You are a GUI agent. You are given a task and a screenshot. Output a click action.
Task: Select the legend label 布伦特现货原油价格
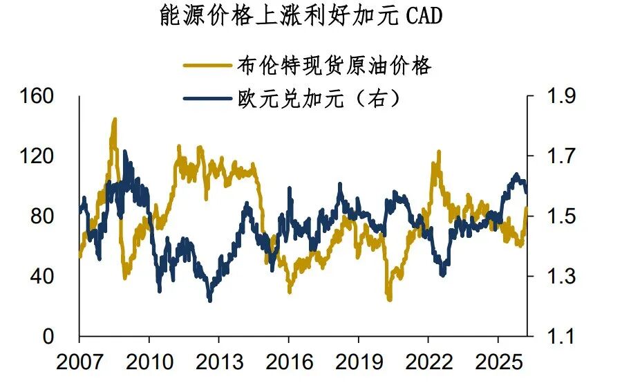[333, 66]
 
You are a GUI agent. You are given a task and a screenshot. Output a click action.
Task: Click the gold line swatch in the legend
[207, 66]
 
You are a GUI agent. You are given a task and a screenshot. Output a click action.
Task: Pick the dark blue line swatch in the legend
[207, 98]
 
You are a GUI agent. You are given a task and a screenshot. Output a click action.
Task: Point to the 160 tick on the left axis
[39, 96]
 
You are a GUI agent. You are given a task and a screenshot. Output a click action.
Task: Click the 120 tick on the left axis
[39, 156]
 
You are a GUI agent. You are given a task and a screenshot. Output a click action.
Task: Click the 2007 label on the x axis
[79, 361]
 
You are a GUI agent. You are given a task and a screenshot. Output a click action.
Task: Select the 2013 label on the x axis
[219, 361]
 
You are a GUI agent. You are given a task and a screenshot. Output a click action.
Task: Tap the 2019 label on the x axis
[358, 361]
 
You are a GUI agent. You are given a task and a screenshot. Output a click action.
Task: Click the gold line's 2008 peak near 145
[114, 119]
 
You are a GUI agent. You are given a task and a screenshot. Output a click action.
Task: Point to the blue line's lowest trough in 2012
[209, 299]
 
